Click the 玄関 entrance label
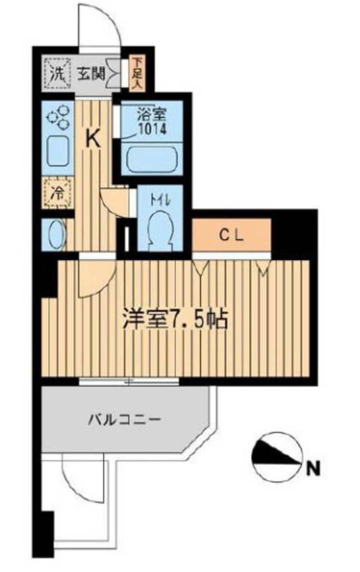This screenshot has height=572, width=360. [91, 74]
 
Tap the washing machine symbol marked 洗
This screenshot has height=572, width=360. [57, 74]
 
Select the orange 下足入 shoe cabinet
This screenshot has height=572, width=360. [138, 74]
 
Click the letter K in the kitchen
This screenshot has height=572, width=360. [93, 139]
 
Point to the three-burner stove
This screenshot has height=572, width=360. [58, 116]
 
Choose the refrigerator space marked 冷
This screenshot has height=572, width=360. [57, 193]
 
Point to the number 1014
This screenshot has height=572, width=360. [152, 129]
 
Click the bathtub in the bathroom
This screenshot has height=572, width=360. [152, 159]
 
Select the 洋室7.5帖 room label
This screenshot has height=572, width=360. [175, 318]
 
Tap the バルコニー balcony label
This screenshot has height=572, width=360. [124, 419]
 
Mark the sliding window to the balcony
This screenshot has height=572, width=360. [129, 382]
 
